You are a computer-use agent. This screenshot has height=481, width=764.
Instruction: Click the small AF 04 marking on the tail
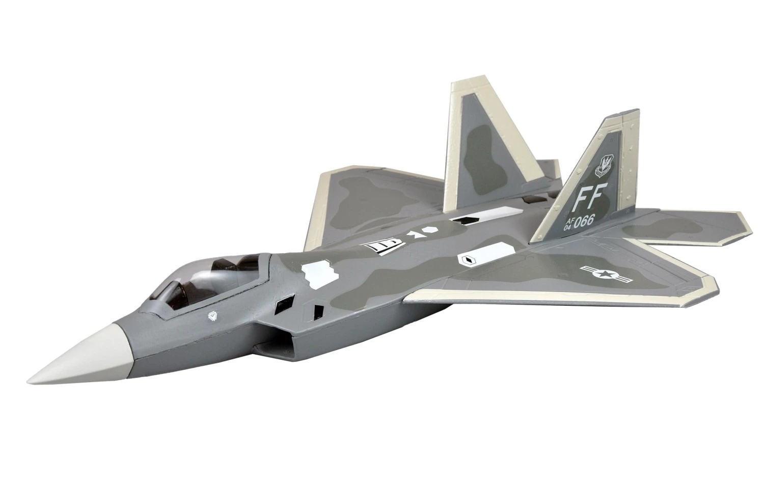point(567,225)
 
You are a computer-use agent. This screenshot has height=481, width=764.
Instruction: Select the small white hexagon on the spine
point(431,231)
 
